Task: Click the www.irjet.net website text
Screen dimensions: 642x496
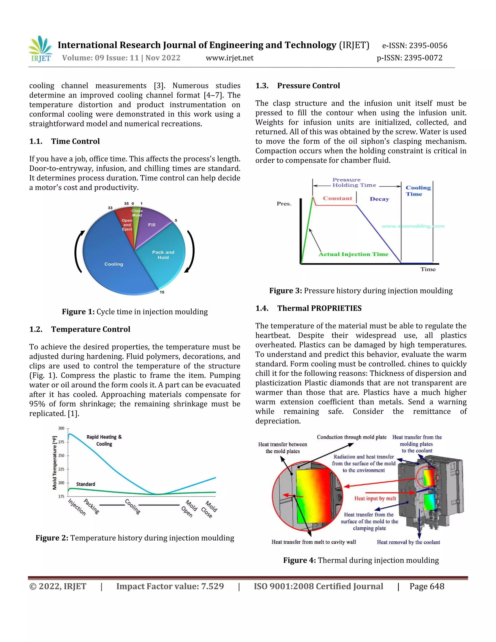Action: click(x=230, y=58)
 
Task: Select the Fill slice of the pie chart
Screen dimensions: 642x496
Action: click(x=152, y=225)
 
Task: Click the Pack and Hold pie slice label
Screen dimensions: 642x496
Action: click(x=163, y=255)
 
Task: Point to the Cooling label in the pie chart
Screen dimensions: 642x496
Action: click(x=114, y=264)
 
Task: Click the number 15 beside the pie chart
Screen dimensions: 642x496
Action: click(x=162, y=292)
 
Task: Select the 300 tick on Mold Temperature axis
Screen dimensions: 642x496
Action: click(x=61, y=428)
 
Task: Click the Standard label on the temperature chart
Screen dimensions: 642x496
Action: click(x=85, y=484)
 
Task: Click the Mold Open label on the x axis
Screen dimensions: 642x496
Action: click(x=189, y=509)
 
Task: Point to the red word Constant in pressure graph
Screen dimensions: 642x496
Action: click(x=337, y=198)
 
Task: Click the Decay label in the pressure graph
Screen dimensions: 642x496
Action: click(x=379, y=199)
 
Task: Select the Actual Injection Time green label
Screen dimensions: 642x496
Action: click(x=354, y=254)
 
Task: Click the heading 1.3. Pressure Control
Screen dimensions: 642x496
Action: click(x=297, y=86)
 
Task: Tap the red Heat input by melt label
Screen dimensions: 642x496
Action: click(x=375, y=498)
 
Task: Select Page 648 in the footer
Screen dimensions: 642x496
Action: click(x=427, y=587)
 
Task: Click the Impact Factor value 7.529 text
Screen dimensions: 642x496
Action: click(x=170, y=587)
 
